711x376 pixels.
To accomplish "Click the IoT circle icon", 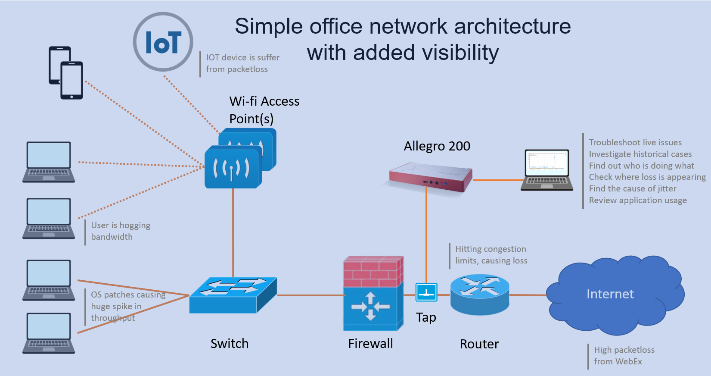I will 163,42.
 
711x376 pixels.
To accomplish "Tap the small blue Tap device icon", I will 426,292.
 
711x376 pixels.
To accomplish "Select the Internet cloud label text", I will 610,294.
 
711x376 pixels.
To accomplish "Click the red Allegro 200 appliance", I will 431,177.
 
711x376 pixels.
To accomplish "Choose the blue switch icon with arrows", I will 233,294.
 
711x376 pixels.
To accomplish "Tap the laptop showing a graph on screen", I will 547,169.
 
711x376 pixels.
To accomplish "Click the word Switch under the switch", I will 230,344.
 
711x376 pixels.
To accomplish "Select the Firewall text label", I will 370,344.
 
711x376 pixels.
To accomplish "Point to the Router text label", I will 479,344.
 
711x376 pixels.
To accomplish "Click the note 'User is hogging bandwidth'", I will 121,231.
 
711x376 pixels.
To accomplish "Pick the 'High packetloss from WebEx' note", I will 624,356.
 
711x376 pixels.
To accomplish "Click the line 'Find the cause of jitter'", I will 632,188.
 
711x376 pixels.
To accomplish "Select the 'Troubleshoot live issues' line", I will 635,142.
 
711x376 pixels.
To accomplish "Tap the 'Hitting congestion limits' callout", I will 491,255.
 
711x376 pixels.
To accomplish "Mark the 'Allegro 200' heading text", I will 437,146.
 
